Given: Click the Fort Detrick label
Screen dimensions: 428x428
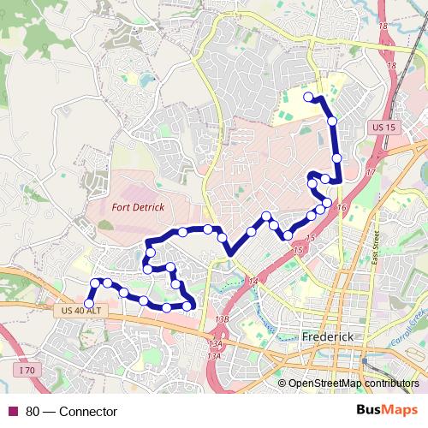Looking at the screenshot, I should tap(137, 206).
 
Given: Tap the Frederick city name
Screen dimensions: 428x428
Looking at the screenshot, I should tap(328, 337).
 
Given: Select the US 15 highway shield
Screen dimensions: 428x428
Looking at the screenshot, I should tap(385, 128).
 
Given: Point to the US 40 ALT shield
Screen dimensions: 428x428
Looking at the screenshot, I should tap(82, 310).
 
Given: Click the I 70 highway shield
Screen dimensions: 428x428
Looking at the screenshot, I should tap(28, 370).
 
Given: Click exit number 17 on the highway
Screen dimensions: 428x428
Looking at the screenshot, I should tap(370, 173).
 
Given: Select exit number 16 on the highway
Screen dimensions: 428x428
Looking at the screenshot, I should tap(342, 208).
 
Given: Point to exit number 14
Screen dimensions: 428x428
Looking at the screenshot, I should tap(253, 281).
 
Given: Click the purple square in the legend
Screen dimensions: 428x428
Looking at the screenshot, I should tap(13, 412).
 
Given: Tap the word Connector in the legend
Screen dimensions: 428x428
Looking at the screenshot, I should tap(88, 412).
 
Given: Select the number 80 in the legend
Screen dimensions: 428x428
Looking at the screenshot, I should tap(33, 412).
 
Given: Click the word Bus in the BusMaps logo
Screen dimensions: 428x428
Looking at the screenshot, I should tap(370, 411).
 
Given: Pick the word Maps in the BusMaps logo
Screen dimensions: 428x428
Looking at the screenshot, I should tap(401, 411).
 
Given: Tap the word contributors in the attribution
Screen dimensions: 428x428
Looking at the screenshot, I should tap(392, 384).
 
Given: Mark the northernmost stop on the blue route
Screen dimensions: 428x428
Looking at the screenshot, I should tap(309, 97).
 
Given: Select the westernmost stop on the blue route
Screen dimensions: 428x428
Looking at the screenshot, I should tap(89, 303).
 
